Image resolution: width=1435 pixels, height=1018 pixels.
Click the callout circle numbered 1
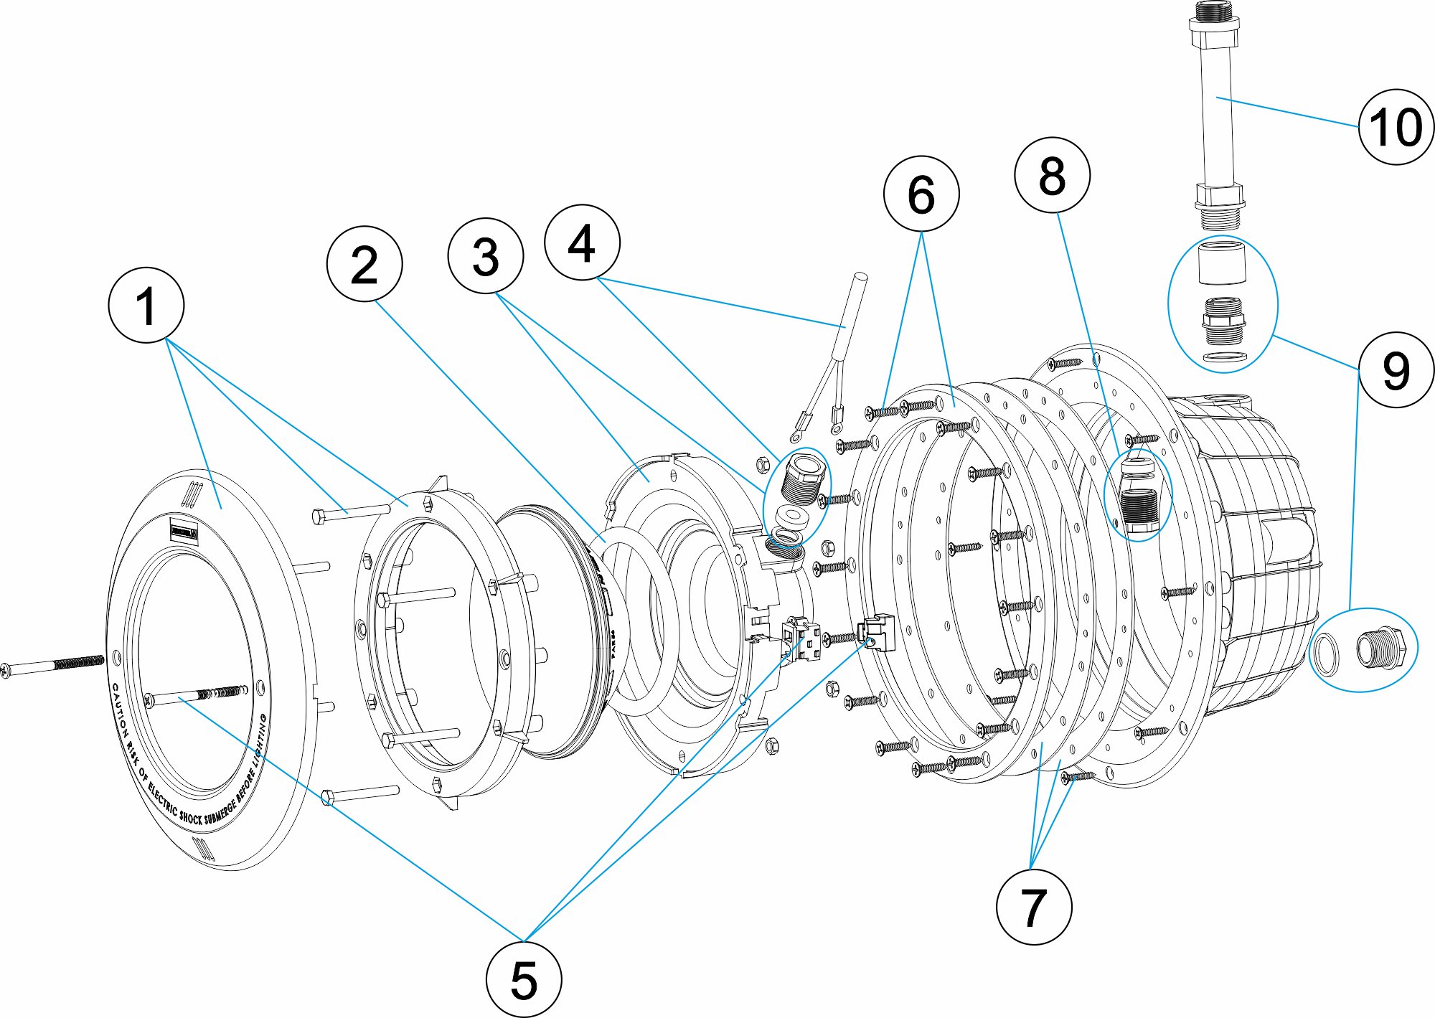146,305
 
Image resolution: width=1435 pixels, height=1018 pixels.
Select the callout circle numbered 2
364,264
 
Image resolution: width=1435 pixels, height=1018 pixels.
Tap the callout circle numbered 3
485,256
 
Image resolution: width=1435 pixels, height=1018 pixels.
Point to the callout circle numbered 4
582,242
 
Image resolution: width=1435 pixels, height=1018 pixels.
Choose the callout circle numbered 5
524,979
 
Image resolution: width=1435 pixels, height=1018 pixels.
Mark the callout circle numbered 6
921,194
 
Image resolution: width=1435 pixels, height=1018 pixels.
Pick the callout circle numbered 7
1034,907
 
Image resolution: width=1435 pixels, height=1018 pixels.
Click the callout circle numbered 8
1052,175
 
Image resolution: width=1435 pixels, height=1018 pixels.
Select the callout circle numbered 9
1396,370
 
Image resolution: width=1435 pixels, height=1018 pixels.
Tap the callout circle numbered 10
1396,127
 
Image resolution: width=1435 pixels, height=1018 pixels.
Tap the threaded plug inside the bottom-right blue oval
1376,649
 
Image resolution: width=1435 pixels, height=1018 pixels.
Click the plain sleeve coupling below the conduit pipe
1223,263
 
